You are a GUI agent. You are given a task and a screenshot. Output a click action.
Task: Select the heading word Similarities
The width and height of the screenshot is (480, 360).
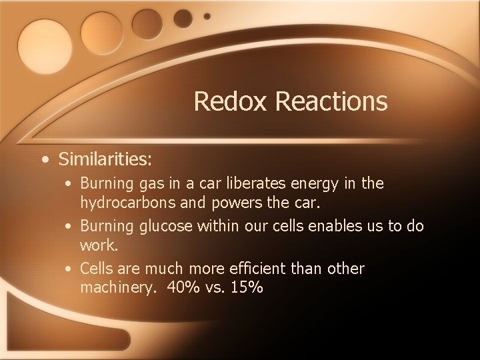[105, 160]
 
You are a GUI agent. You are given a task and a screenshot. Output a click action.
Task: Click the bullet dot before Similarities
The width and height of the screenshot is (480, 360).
[44, 160]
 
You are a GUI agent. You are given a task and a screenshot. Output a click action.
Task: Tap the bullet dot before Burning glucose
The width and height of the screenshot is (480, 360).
[70, 227]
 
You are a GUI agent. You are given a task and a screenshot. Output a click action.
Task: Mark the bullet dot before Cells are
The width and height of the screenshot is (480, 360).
[70, 269]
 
